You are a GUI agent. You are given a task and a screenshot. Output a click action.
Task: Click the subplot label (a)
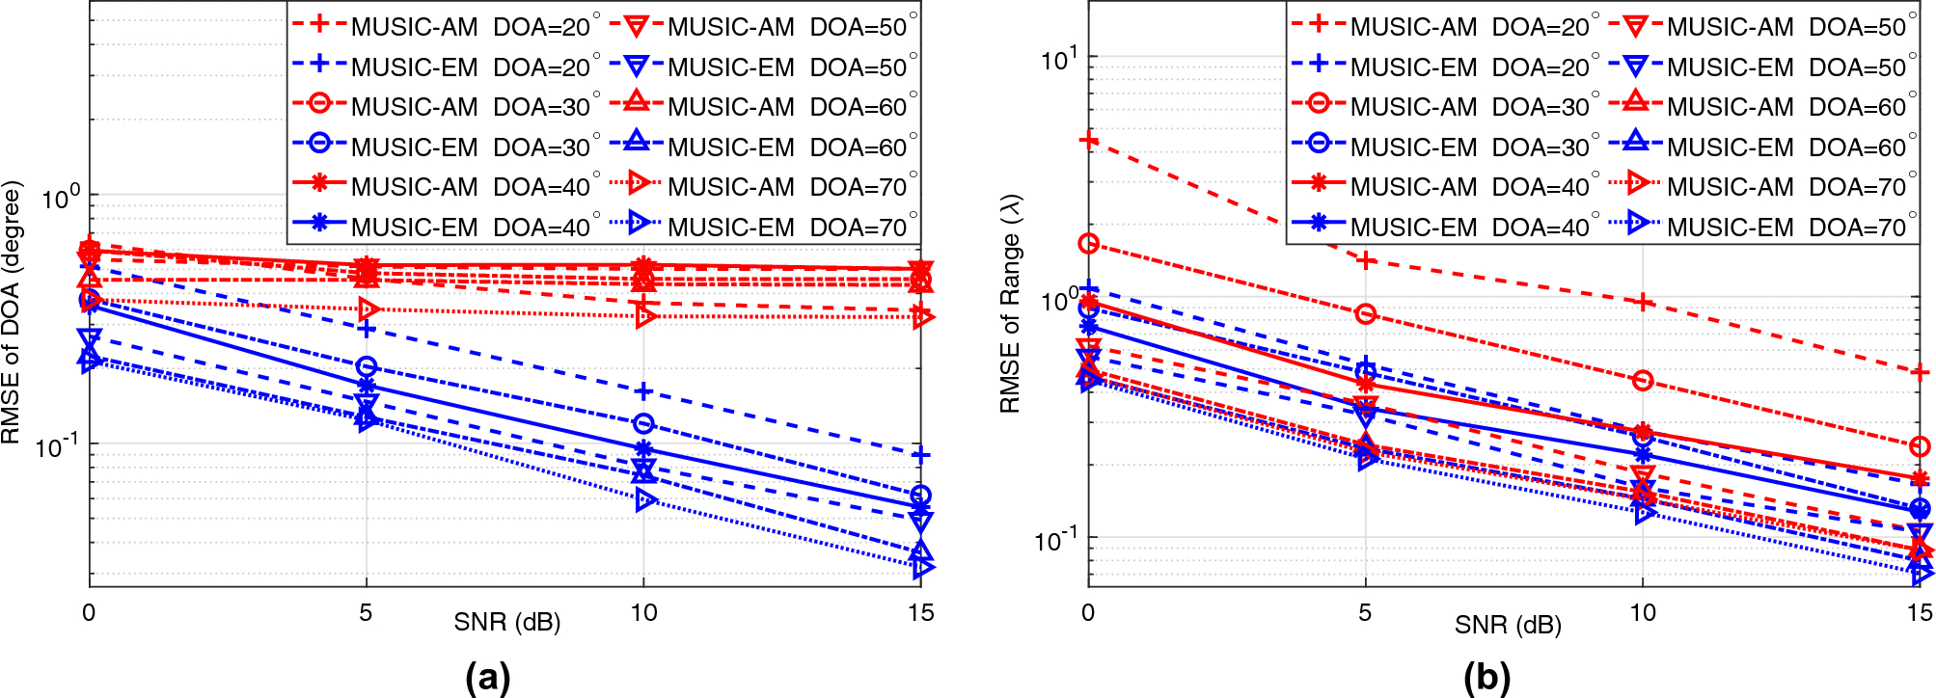[x=487, y=677]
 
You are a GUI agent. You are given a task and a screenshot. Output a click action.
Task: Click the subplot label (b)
[x=1486, y=677]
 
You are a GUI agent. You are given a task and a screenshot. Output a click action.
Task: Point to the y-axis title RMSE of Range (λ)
[x=1010, y=304]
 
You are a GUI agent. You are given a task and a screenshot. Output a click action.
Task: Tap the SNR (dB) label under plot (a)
[x=507, y=622]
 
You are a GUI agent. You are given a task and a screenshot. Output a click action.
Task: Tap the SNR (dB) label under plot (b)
[x=1508, y=625]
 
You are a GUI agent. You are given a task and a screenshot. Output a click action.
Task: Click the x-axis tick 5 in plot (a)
[x=366, y=613]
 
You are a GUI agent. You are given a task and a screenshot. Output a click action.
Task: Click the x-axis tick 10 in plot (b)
[x=1643, y=613]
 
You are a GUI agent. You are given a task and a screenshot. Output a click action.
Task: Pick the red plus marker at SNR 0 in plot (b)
[x=1089, y=141]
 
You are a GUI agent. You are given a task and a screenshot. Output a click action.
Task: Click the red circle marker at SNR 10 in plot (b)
[x=1643, y=381]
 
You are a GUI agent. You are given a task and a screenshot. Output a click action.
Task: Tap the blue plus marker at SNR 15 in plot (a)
[x=921, y=455]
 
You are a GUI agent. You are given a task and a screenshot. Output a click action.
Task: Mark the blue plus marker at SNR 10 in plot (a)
[x=643, y=391]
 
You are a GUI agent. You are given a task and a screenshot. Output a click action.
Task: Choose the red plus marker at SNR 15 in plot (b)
[x=1921, y=372]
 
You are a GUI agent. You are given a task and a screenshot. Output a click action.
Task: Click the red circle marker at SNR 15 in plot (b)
[x=1920, y=446]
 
